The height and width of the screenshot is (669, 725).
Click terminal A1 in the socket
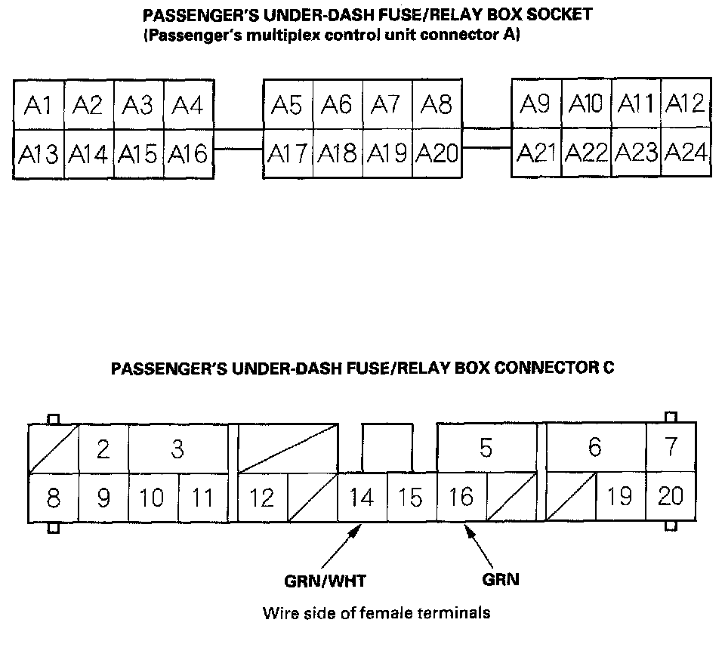pos(38,105)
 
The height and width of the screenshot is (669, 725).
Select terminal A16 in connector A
pos(187,154)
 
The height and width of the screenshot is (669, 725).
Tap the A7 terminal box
pos(387,105)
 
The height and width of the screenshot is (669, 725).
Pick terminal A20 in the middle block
pos(437,153)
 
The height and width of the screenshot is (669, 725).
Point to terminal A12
pos(686,103)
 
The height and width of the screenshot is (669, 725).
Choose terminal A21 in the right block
pos(536,153)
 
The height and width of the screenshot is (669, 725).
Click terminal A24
pos(686,153)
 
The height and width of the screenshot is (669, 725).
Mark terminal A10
pos(586,103)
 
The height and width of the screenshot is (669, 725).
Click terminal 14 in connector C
pos(362,498)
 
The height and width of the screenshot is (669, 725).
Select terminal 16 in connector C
pos(461,498)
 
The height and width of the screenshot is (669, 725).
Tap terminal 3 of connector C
pos(177,449)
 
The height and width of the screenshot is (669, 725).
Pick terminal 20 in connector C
pos(670,497)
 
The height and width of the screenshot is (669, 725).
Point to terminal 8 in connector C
pos(53,498)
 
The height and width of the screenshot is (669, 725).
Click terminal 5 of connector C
pos(486,449)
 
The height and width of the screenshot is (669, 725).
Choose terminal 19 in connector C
pos(620,498)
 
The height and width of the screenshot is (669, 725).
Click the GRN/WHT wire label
pos(319,581)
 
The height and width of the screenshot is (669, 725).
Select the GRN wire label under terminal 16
pos(500,580)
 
